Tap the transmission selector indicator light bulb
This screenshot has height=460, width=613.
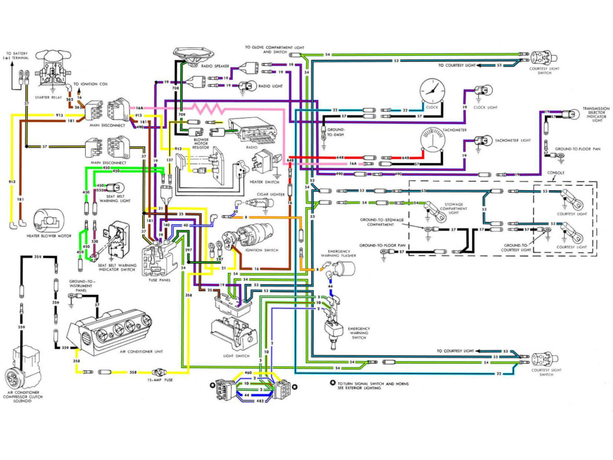571,114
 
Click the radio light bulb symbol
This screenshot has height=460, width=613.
248,86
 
